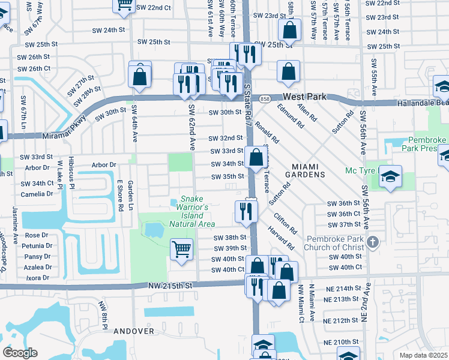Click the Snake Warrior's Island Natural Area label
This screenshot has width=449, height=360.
(x=192, y=211)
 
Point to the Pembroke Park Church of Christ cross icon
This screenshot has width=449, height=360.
(x=373, y=242)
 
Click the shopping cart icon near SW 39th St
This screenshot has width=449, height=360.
(x=181, y=248)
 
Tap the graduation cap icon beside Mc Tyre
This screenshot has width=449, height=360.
(x=390, y=177)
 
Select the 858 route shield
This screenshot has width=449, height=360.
(x=265, y=98)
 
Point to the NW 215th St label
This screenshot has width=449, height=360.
(x=170, y=286)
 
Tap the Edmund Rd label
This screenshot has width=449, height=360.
(x=291, y=116)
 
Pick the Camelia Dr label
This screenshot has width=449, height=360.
(x=37, y=194)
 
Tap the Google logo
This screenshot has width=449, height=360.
(x=20, y=353)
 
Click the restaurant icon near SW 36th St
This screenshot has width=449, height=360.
(x=246, y=210)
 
